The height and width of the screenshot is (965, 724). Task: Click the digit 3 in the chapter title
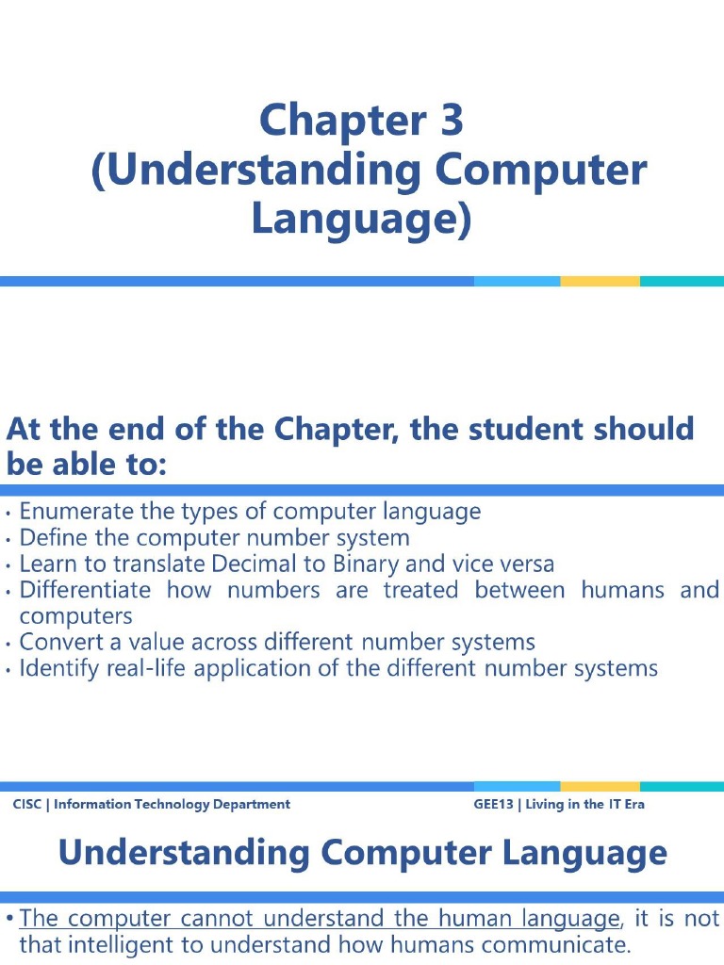tap(451, 121)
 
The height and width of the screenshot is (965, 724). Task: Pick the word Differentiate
tap(85, 591)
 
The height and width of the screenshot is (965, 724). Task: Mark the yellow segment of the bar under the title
tap(600, 281)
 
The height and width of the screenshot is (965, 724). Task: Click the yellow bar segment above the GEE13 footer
tap(600, 786)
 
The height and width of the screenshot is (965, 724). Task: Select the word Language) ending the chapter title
tap(360, 219)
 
